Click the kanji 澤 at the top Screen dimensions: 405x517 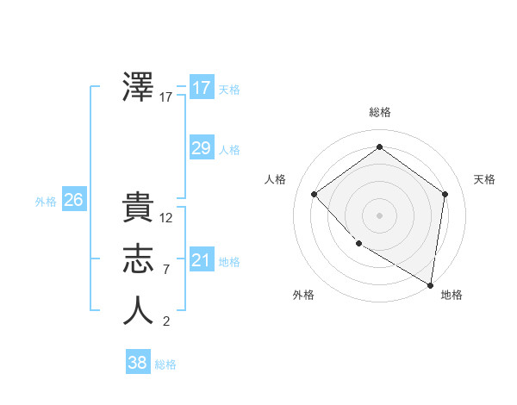139,87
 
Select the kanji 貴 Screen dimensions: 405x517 139,209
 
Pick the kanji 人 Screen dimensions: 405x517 139,311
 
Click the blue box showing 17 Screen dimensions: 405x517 201,88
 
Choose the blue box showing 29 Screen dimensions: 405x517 201,148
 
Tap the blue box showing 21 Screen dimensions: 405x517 201,260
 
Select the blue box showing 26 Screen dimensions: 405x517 73,200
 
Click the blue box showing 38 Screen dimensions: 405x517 137,363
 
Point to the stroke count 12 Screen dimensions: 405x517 166,218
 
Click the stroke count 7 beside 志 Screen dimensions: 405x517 165,270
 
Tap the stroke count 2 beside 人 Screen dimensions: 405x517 165,321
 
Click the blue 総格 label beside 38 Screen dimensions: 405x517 165,364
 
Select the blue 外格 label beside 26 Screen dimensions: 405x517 46,202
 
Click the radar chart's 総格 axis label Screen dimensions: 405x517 379,112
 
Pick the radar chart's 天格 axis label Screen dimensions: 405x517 485,179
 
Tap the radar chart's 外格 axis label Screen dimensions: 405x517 303,295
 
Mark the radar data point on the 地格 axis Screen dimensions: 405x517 430,284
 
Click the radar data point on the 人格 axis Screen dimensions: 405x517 315,194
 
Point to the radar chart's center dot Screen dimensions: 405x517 379,215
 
